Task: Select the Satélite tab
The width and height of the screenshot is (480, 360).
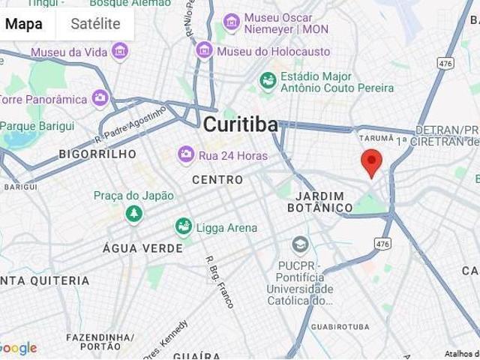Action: (95, 23)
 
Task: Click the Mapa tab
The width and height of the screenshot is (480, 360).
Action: (24, 23)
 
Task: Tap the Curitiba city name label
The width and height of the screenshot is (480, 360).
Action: (240, 124)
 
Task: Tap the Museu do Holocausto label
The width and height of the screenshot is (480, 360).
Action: (273, 52)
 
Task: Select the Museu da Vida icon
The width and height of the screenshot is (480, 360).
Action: (119, 52)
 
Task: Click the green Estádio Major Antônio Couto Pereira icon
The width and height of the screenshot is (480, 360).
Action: (267, 79)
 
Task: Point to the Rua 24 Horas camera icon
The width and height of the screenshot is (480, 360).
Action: (185, 155)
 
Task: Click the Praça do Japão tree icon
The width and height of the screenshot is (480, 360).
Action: (134, 214)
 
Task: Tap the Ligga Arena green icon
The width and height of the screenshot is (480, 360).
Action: (183, 226)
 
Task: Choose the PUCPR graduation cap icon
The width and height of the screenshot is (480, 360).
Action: (300, 245)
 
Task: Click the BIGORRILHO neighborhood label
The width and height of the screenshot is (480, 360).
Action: (97, 154)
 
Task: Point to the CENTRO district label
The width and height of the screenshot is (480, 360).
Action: (217, 180)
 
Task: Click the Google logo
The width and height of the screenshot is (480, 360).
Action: (18, 349)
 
